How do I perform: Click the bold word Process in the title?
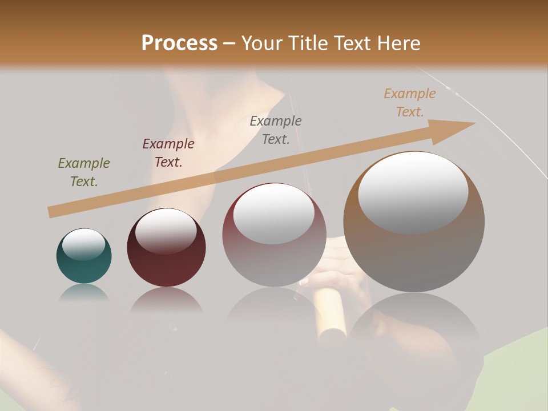[x=179, y=43]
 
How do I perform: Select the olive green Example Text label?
[x=84, y=172]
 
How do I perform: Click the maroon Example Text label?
[x=168, y=152]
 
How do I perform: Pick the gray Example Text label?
[x=276, y=130]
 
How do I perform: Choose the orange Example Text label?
[x=409, y=103]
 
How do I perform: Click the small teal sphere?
[x=84, y=265]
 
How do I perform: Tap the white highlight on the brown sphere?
[x=413, y=192]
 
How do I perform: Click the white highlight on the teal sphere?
[x=84, y=245]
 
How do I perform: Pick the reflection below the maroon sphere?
[x=166, y=300]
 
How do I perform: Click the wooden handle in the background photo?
[x=331, y=317]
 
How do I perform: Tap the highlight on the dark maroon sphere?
[x=166, y=231]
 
